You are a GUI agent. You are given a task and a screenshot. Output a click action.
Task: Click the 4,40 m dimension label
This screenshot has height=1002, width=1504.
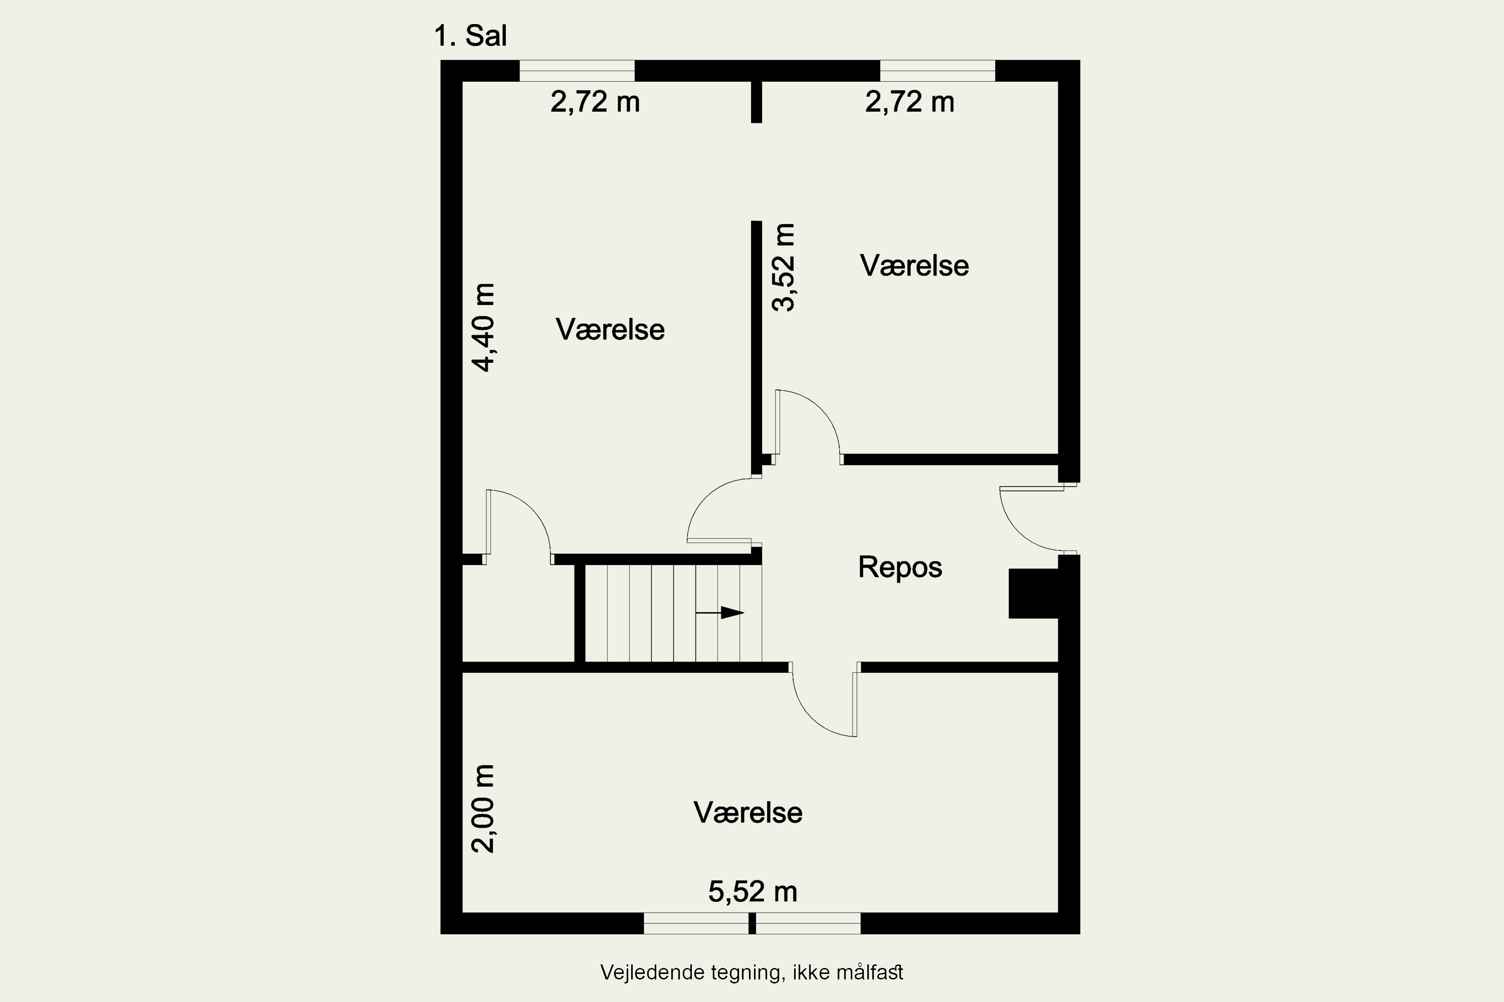coord(483,327)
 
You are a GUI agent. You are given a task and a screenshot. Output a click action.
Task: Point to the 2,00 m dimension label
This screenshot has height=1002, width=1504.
coord(483,809)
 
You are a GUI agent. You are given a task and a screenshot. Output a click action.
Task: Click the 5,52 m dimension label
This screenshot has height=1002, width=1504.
coord(753,891)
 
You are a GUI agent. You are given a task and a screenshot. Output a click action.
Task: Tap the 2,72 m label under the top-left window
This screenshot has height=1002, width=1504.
coord(595,102)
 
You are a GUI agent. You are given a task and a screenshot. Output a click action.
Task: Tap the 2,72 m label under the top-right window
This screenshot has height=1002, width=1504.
coord(909,102)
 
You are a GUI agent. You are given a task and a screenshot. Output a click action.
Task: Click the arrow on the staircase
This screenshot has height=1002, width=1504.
coord(719,613)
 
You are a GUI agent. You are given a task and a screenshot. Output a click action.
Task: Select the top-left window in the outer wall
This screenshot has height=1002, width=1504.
coord(577,71)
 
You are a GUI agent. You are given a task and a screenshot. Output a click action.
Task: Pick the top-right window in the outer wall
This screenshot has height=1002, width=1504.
coord(937,71)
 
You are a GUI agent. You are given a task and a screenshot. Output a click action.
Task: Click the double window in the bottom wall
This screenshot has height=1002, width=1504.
coord(752,923)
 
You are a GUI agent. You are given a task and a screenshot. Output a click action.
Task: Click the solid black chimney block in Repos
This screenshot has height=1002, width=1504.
coord(1033,594)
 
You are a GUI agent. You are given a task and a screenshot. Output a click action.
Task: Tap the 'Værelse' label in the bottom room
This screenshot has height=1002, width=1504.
coord(747,813)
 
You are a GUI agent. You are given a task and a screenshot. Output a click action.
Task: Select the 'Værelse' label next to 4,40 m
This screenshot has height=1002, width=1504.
coord(610,330)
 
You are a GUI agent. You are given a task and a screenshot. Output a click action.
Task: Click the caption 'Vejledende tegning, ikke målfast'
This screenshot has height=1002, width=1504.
coord(751,972)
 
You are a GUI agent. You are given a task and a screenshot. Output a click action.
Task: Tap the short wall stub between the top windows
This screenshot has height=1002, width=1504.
coord(757,102)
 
